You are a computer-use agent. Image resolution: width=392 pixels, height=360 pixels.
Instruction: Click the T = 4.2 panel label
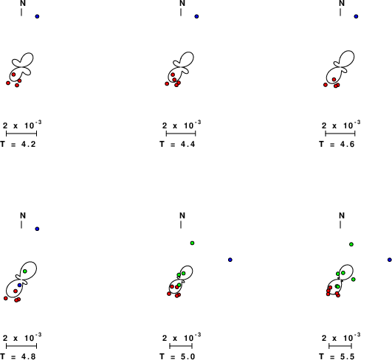[x=18, y=144]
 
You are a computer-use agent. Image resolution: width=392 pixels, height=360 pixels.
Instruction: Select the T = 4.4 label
[x=177, y=144]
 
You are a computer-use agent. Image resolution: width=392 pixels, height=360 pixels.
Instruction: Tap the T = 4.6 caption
[x=337, y=144]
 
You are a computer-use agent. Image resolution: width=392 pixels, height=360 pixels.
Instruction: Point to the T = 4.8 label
[x=18, y=356]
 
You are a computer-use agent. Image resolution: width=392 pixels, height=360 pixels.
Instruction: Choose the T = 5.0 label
[x=177, y=356]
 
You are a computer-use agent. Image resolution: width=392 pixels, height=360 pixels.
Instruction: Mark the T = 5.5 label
[x=337, y=356]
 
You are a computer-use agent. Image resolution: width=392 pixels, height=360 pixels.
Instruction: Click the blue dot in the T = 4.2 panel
[x=37, y=16]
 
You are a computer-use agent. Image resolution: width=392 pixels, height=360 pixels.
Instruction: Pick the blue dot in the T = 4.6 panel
[x=356, y=16]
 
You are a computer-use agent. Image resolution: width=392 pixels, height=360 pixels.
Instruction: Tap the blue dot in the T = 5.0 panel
[x=230, y=260]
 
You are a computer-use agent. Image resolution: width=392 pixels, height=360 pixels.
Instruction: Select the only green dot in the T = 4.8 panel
[x=25, y=271]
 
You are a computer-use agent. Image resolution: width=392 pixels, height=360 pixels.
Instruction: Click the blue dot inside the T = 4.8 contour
[x=20, y=285]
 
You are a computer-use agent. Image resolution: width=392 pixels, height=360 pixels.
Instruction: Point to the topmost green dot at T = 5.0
[x=192, y=243]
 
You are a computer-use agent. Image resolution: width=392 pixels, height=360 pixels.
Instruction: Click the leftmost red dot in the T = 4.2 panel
[x=8, y=83]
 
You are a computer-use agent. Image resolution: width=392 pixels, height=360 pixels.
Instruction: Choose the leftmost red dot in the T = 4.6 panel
[x=326, y=85]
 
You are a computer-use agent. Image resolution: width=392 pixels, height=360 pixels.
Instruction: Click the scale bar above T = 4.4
[x=181, y=134]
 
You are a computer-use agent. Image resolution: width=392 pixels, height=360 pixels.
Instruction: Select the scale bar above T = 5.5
[x=340, y=346]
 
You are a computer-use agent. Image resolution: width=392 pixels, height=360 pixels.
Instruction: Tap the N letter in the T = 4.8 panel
[x=23, y=215]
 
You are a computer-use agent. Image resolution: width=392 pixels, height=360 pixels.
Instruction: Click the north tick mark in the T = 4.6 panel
[x=340, y=13]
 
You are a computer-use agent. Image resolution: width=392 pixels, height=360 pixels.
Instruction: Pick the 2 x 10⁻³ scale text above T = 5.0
[x=182, y=337]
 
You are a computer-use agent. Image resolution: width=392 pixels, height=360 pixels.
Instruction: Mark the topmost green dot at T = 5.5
[x=351, y=244]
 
